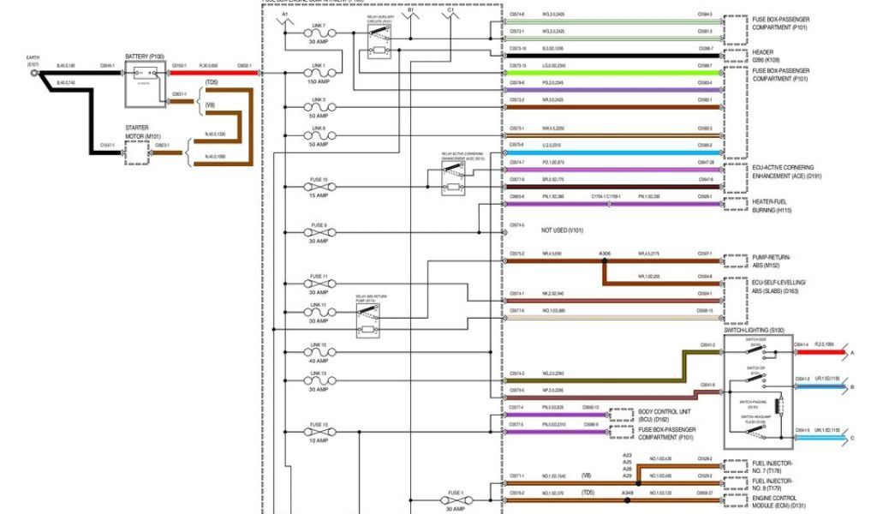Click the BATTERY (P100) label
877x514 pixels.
click(x=144, y=57)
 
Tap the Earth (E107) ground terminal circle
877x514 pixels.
click(x=35, y=74)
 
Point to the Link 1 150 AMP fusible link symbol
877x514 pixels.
click(x=318, y=74)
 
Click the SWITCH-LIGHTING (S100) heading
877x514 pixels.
click(x=758, y=330)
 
